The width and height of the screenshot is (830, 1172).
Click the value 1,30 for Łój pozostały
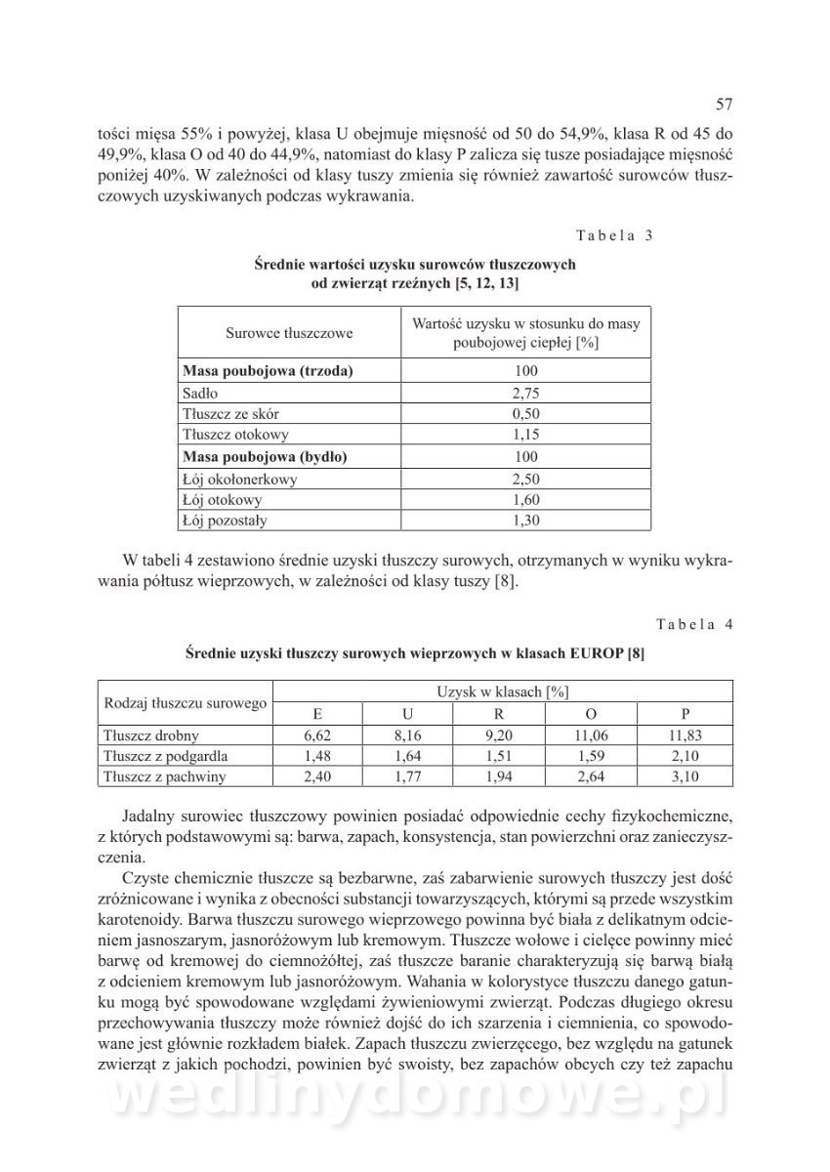coord(526,521)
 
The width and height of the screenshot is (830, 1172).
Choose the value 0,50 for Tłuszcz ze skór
coord(526,414)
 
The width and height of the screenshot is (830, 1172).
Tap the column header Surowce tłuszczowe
coord(290,333)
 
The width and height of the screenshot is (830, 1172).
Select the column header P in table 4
coord(685,713)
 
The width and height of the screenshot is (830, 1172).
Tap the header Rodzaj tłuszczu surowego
coord(185,702)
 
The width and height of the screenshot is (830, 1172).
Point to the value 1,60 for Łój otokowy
coord(526,499)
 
